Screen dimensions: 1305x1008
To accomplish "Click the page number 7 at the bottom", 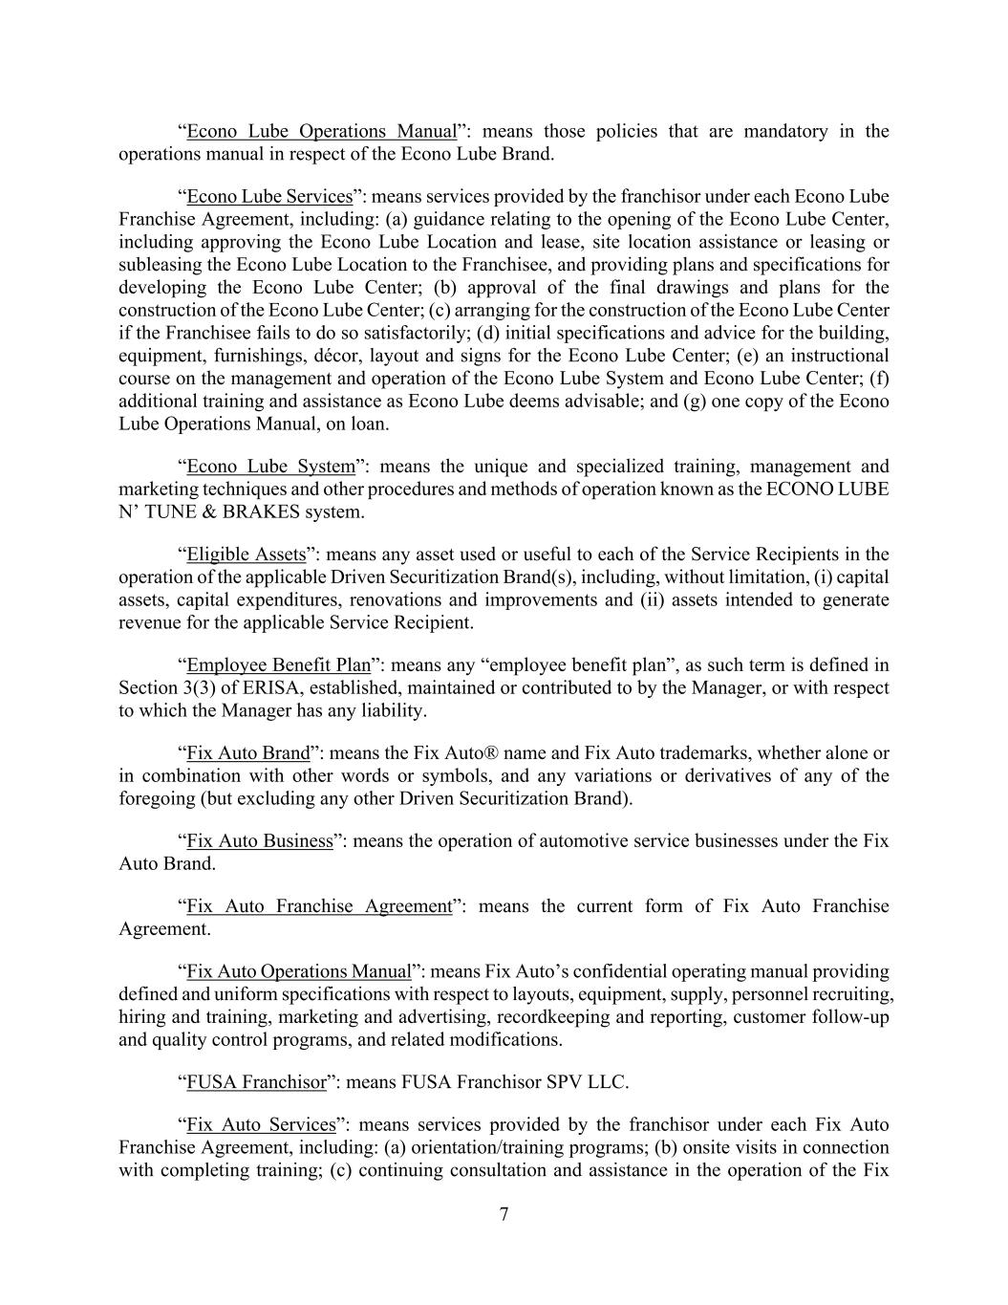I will pos(504,1214).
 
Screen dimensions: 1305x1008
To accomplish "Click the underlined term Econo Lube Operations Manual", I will pos(321,131).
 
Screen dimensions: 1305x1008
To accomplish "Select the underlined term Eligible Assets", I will pos(246,555).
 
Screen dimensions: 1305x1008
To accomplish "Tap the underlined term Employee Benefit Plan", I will pos(278,665).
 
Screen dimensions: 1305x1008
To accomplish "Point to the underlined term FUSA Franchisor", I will pos(256,1082).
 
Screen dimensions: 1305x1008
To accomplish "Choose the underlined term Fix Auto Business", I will pos(260,841).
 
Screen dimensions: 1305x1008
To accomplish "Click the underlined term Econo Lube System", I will pos(270,467).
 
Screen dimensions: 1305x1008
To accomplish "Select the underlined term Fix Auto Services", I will pos(261,1124).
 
